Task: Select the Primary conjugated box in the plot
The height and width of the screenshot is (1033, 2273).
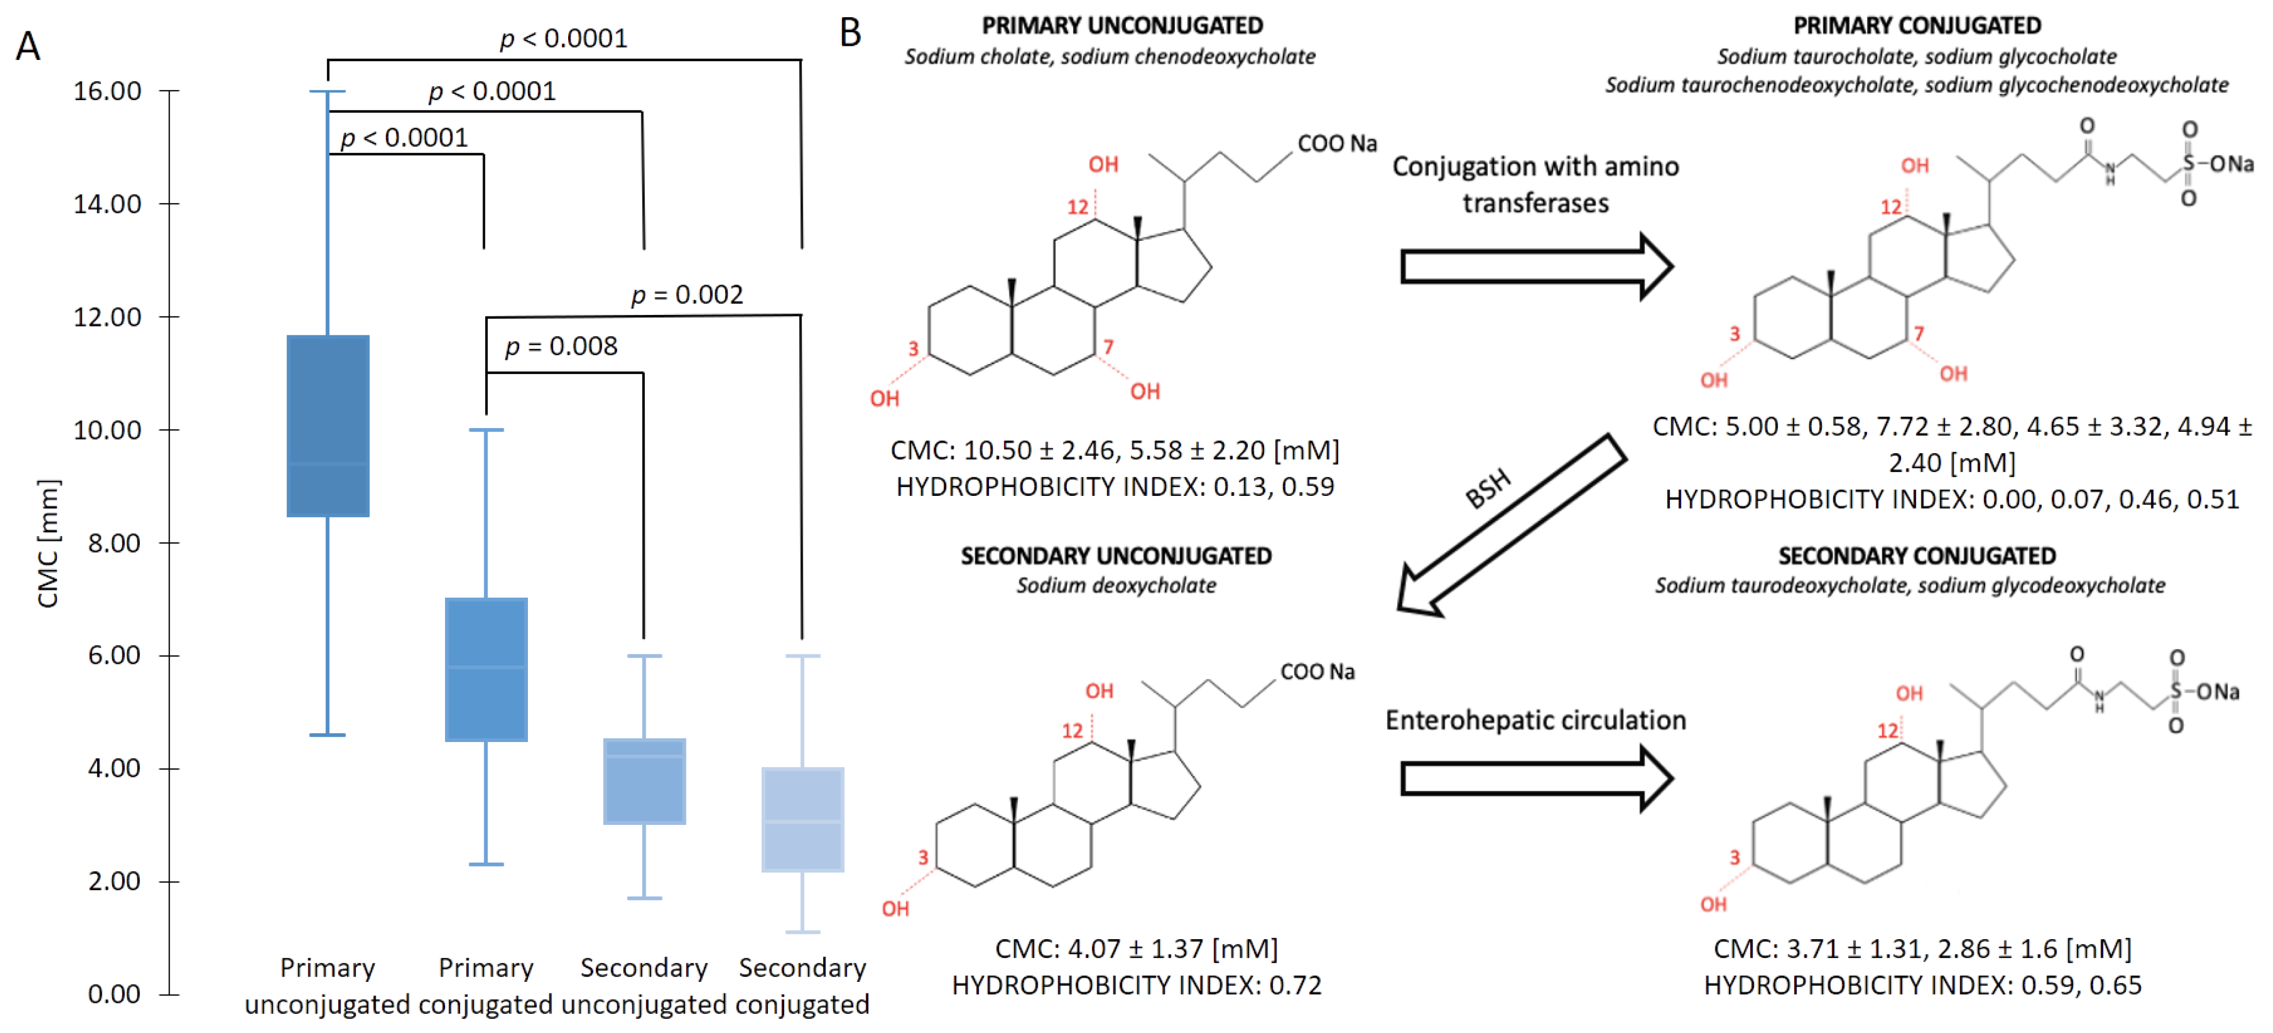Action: (x=486, y=669)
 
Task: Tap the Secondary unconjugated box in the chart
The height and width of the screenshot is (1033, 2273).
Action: (x=644, y=781)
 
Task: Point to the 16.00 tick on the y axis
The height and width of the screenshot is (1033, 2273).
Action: (x=107, y=91)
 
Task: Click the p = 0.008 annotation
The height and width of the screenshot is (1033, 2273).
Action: (x=561, y=346)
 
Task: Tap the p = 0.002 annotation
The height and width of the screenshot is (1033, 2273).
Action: (x=688, y=295)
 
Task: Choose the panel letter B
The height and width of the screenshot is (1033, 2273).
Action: (x=850, y=33)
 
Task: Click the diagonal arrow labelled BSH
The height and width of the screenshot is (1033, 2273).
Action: (x=1511, y=525)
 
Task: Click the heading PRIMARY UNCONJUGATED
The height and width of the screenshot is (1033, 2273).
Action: (x=1122, y=26)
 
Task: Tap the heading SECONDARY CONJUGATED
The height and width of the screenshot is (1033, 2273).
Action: (x=1917, y=556)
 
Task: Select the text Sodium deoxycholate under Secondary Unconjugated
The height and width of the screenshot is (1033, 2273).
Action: (x=1116, y=585)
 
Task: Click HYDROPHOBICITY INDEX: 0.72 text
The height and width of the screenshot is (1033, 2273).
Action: (x=1136, y=985)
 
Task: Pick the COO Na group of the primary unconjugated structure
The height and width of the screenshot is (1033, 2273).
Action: (x=1336, y=144)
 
